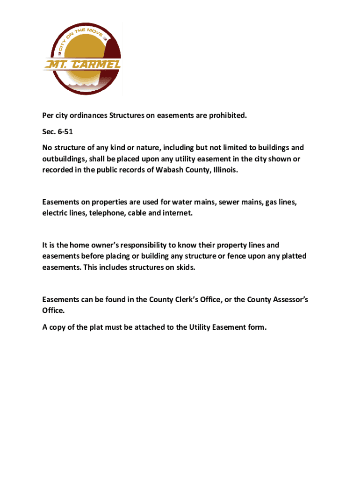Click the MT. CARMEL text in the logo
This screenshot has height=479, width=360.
click(82, 64)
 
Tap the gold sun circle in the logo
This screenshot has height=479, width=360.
click(82, 47)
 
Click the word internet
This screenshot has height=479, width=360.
click(175, 213)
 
